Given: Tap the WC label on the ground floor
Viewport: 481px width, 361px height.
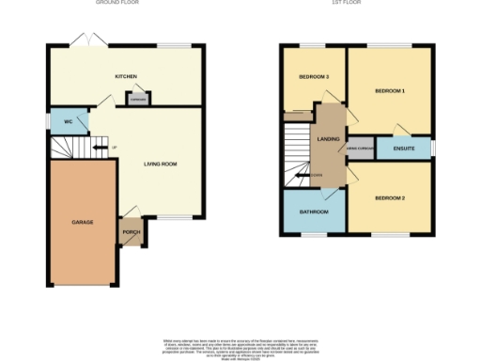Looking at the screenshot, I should tap(69, 122).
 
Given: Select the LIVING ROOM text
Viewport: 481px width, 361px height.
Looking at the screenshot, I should tap(160, 164).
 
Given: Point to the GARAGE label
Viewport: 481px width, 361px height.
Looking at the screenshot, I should tap(83, 222).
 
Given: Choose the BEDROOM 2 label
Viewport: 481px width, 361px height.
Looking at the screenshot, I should tap(389, 198).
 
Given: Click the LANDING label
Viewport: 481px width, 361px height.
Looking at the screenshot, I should tap(329, 139).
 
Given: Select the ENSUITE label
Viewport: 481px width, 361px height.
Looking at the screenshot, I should tap(403, 148).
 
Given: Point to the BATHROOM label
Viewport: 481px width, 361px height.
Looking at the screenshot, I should tap(314, 212).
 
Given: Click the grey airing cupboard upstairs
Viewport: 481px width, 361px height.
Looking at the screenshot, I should tap(361, 149).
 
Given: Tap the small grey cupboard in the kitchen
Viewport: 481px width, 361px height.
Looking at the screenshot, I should tap(137, 98).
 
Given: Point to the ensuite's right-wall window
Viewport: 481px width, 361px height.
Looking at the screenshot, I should tap(433, 148).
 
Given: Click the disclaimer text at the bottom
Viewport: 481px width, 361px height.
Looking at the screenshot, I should tap(240, 344).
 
